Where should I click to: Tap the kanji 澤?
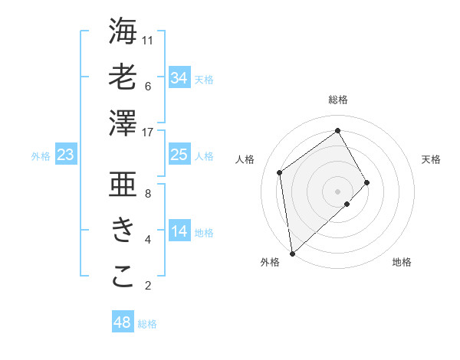[x=123, y=123]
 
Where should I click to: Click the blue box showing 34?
[x=179, y=77]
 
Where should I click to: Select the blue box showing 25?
[x=179, y=155]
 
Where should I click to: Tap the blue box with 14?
[x=179, y=232]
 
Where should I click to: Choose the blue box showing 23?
[x=65, y=155]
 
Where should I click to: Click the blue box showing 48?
[x=122, y=322]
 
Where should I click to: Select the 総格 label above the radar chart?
[x=337, y=100]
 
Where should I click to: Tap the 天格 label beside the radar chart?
[x=431, y=159]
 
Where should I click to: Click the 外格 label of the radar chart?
[x=270, y=262]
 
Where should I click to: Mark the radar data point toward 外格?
[x=292, y=254]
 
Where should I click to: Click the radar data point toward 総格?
[x=337, y=131]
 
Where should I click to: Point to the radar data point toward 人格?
[x=280, y=172]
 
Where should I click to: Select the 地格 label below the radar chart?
[x=402, y=262]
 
